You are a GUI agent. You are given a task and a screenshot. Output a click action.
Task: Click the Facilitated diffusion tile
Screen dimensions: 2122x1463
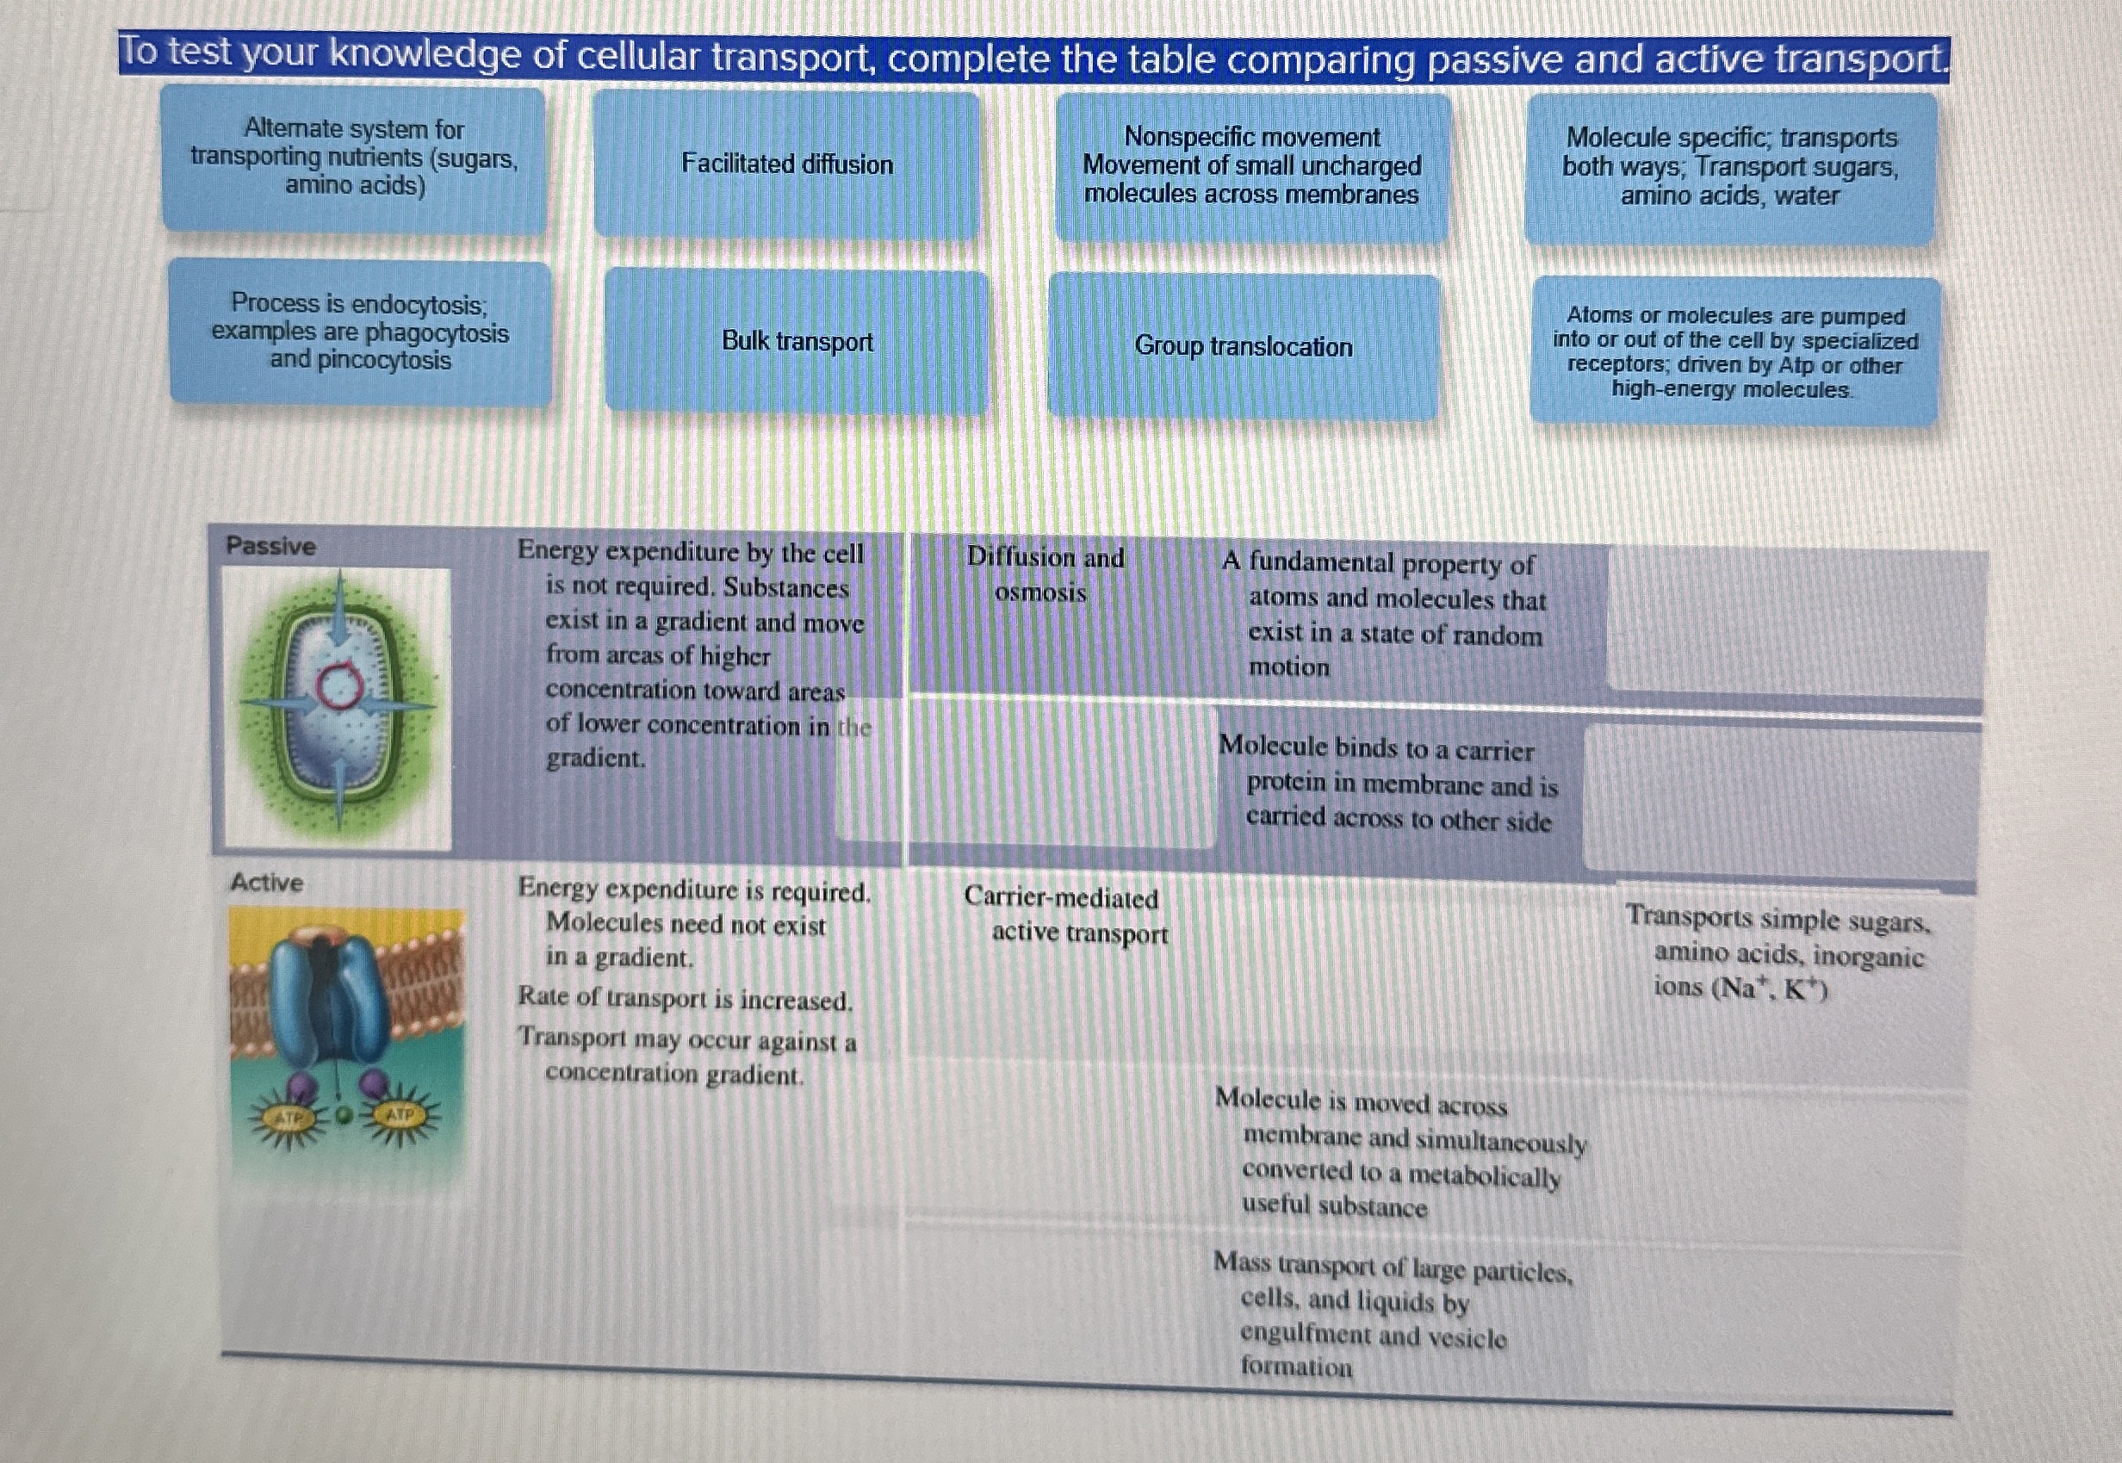[x=786, y=165]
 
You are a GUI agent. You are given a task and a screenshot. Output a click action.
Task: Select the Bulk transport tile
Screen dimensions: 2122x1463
[x=797, y=342]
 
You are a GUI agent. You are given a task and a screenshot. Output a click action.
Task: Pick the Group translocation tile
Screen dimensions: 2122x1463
[x=1244, y=346]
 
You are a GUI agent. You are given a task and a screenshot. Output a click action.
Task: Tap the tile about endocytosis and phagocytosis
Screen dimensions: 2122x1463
[x=360, y=332]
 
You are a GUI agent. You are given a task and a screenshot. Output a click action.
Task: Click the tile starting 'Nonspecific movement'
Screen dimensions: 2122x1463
[x=1252, y=166]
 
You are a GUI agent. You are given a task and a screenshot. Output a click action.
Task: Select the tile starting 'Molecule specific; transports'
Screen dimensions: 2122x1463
[x=1731, y=167]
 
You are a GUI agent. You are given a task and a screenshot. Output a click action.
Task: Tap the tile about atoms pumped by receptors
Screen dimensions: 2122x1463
[x=1735, y=352]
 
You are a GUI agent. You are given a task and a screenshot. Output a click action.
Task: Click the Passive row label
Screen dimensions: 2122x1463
[x=270, y=546]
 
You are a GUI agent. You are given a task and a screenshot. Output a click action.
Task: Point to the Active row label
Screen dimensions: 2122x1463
[x=267, y=883]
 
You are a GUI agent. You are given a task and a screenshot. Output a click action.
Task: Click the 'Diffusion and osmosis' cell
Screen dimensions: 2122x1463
[x=1045, y=574]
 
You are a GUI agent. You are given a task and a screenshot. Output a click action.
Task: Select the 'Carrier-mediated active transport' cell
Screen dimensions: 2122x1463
[x=1066, y=914]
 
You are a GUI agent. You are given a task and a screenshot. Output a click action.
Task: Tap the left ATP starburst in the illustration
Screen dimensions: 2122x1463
[x=288, y=1119]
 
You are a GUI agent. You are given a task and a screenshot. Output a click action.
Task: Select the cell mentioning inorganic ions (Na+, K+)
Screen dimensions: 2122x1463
[x=1778, y=952]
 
